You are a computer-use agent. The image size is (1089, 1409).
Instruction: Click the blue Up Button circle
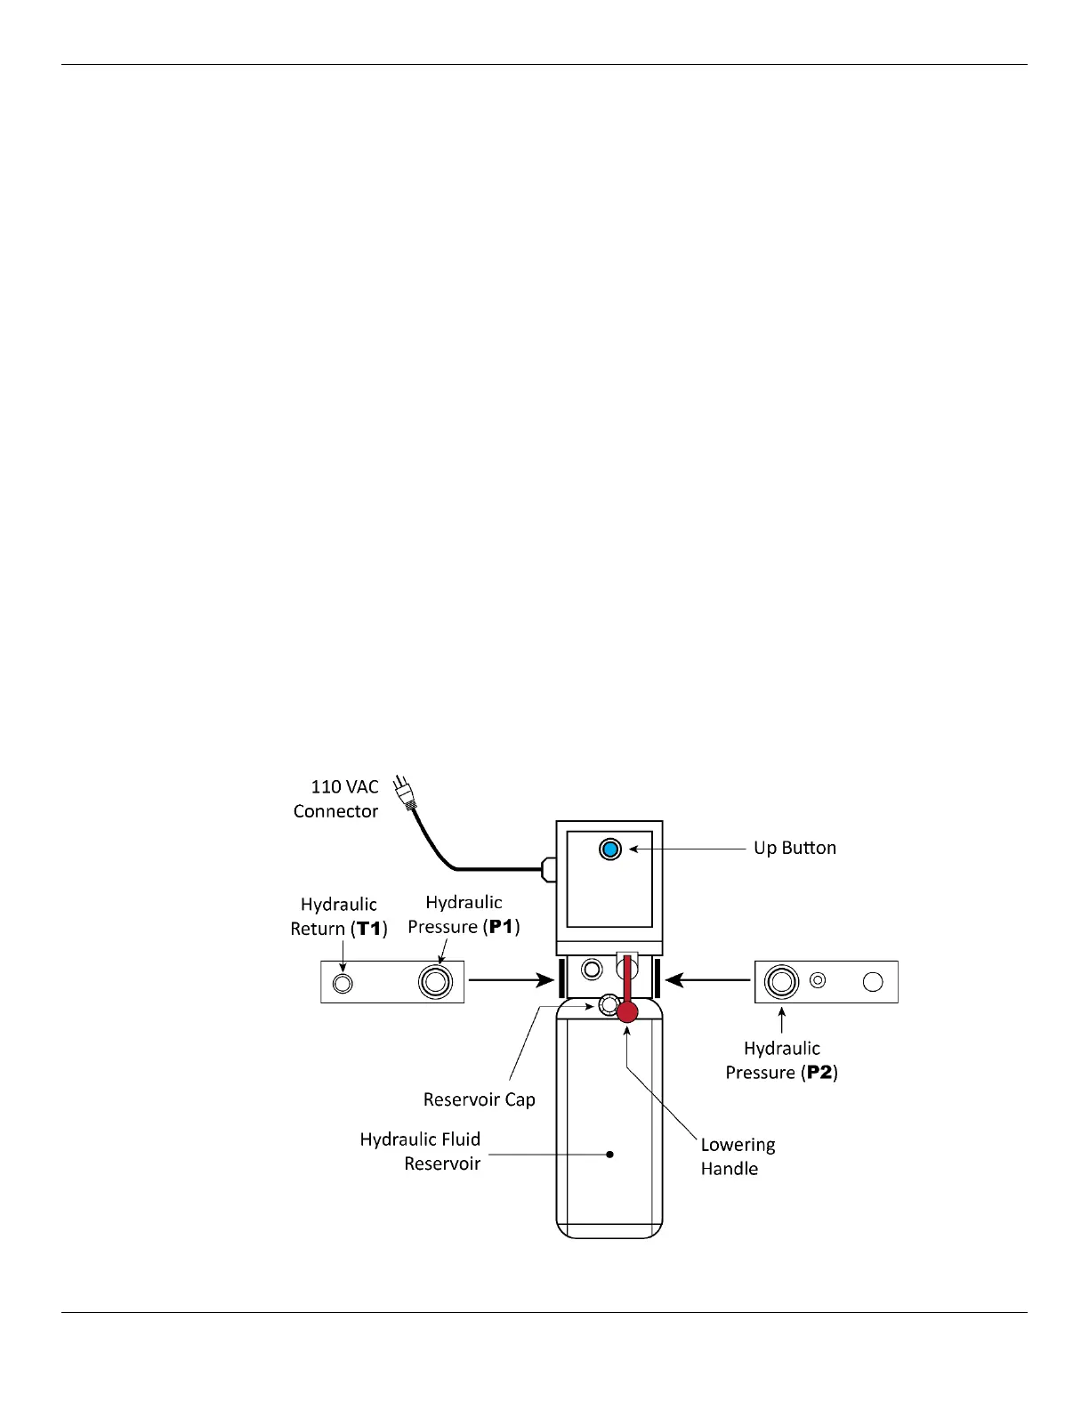click(x=610, y=849)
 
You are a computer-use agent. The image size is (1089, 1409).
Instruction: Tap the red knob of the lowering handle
click(x=627, y=1011)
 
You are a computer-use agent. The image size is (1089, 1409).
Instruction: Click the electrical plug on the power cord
click(x=404, y=794)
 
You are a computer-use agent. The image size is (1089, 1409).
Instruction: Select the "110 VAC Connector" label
click(x=336, y=799)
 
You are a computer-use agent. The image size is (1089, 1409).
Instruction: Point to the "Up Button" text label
click(x=795, y=848)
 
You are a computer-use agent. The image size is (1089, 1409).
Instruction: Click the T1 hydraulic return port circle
click(x=342, y=983)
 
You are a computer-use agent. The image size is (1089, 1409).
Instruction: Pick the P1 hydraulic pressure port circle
click(x=435, y=982)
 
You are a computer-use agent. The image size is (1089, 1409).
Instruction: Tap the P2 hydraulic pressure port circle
click(x=781, y=982)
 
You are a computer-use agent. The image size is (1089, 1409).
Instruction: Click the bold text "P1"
click(x=502, y=927)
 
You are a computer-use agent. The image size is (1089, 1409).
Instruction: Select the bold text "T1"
click(x=368, y=929)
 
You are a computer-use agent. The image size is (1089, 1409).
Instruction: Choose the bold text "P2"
click(x=819, y=1073)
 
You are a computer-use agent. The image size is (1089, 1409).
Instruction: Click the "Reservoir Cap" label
click(x=479, y=1099)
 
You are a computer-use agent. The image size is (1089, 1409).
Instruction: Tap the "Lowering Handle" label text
click(x=737, y=1156)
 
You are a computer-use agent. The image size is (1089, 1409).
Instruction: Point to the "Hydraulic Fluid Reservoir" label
click(x=420, y=1151)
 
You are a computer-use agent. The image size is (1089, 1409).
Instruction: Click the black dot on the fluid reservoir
click(x=609, y=1155)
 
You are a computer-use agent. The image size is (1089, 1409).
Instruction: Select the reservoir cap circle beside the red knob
click(x=608, y=1005)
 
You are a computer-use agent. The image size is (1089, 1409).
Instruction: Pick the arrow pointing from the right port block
click(x=708, y=980)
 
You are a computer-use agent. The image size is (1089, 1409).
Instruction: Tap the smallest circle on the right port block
click(x=819, y=980)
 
